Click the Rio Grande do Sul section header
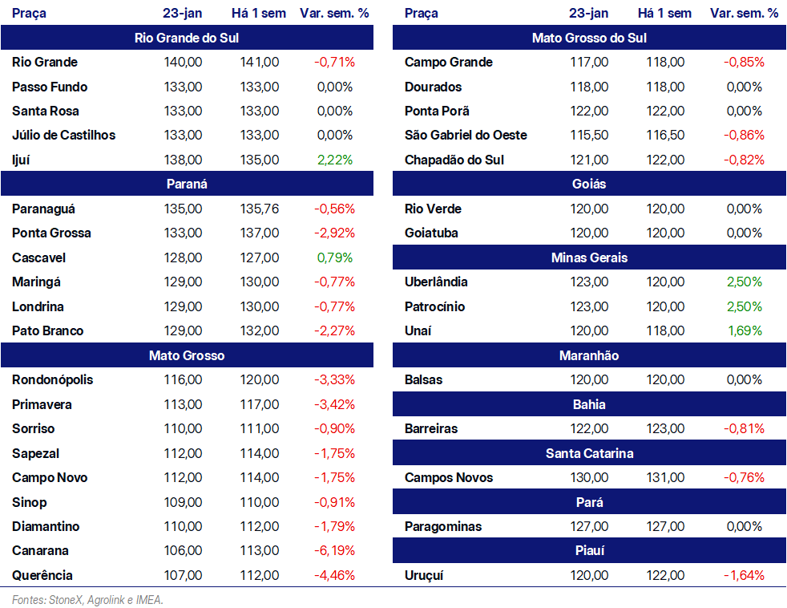tap(187, 38)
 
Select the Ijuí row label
tap(21, 160)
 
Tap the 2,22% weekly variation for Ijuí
tap(335, 160)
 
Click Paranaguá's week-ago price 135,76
tap(259, 209)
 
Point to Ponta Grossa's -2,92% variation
tap(335, 233)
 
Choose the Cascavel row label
tap(38, 257)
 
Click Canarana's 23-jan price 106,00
tap(183, 550)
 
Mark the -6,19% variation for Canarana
tap(335, 550)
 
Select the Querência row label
tap(42, 575)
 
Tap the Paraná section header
tap(187, 184)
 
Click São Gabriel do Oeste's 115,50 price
tap(589, 136)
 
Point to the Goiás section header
tap(589, 184)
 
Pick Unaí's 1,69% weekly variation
tap(745, 330)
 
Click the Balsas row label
tap(424, 380)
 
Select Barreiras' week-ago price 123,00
tap(665, 428)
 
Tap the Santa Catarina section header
tap(589, 453)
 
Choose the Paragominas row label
tap(443, 527)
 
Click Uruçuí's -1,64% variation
tap(744, 575)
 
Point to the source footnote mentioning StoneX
tap(87, 600)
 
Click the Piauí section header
tap(589, 551)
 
